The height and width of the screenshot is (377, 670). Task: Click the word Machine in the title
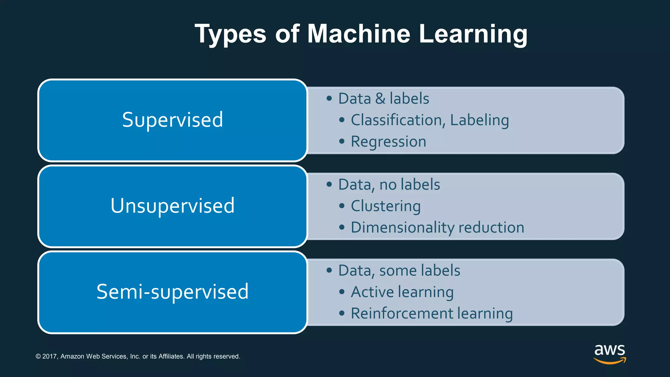359,34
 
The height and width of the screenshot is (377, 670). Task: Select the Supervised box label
172,120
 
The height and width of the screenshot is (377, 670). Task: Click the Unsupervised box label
172,206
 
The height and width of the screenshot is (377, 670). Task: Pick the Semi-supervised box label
172,292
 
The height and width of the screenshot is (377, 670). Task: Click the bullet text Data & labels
383,99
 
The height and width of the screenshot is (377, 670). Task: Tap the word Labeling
479,120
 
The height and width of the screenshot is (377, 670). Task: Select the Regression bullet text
388,142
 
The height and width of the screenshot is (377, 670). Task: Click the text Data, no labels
389,185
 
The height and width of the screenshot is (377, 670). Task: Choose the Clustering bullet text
386,206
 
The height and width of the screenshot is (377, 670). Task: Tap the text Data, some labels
399,271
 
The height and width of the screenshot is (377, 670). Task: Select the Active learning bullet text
402,292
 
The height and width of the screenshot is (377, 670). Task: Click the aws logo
610,353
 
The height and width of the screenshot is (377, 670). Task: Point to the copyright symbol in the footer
38,356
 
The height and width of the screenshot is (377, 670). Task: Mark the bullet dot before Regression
342,142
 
